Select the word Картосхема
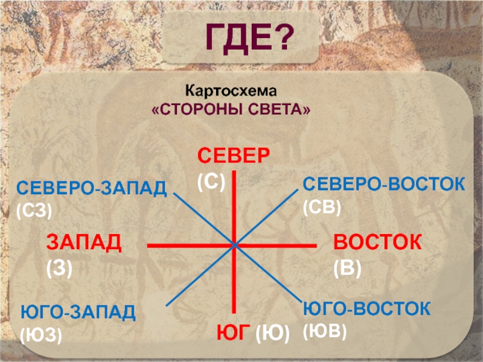(x=231, y=91)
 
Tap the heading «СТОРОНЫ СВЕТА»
(x=231, y=109)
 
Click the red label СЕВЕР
(x=234, y=156)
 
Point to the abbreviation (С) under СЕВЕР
(x=211, y=182)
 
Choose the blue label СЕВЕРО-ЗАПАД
(x=92, y=188)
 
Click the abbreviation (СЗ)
(x=34, y=212)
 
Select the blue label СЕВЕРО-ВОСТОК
(x=384, y=184)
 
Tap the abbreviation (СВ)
(x=322, y=208)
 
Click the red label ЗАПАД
(x=84, y=243)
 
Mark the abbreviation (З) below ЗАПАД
(x=59, y=268)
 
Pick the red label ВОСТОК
(x=377, y=242)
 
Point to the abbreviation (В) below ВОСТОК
(x=348, y=268)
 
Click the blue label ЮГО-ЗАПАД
(x=78, y=312)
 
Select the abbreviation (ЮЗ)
(x=41, y=335)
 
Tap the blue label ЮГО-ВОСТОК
(x=366, y=308)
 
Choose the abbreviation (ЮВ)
(x=325, y=331)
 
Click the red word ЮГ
(x=233, y=332)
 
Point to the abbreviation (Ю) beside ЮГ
(x=273, y=334)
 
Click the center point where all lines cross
(x=234, y=246)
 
